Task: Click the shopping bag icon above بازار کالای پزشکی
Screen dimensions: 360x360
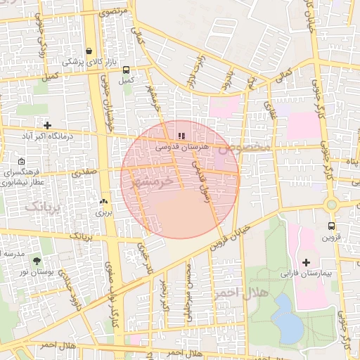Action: [x=89, y=51]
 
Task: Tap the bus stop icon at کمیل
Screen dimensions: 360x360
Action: [x=126, y=70]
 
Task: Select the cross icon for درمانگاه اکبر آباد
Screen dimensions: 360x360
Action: [x=47, y=124]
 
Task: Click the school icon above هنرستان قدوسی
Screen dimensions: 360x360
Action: [x=181, y=135]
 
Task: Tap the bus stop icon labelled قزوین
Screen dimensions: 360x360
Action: [x=330, y=226]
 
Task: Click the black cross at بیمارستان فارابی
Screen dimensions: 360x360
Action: [x=305, y=262]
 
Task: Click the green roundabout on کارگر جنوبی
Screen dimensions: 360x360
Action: [x=331, y=205]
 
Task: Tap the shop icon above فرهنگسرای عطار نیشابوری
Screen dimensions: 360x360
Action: [x=22, y=161]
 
